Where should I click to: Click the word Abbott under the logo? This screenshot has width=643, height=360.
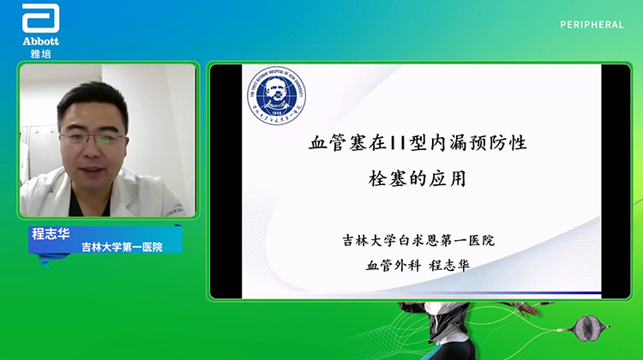[39, 40]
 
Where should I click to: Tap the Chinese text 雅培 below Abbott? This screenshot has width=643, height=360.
[39, 52]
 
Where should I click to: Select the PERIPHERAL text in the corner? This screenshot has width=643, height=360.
[592, 25]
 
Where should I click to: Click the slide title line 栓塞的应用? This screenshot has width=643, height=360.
[416, 180]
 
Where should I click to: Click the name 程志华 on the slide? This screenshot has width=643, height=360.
[446, 264]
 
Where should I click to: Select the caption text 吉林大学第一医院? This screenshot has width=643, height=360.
[121, 247]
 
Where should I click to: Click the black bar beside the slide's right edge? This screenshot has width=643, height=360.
[616, 180]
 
